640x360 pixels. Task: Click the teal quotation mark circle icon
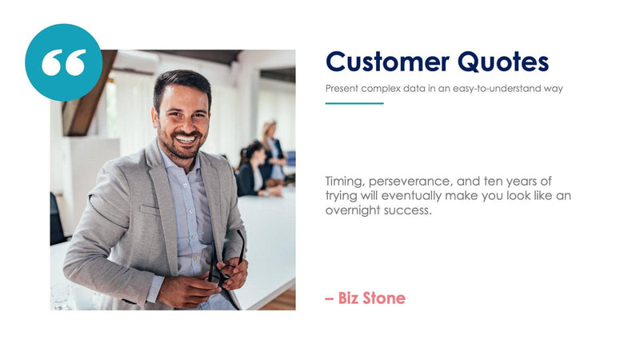[64, 62]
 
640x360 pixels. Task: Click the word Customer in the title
[387, 62]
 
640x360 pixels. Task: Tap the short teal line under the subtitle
[354, 103]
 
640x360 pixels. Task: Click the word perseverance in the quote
[409, 182]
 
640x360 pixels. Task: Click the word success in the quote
[409, 210]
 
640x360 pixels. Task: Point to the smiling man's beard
[182, 148]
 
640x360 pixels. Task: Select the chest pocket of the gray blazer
[150, 210]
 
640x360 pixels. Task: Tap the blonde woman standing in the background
[272, 148]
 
